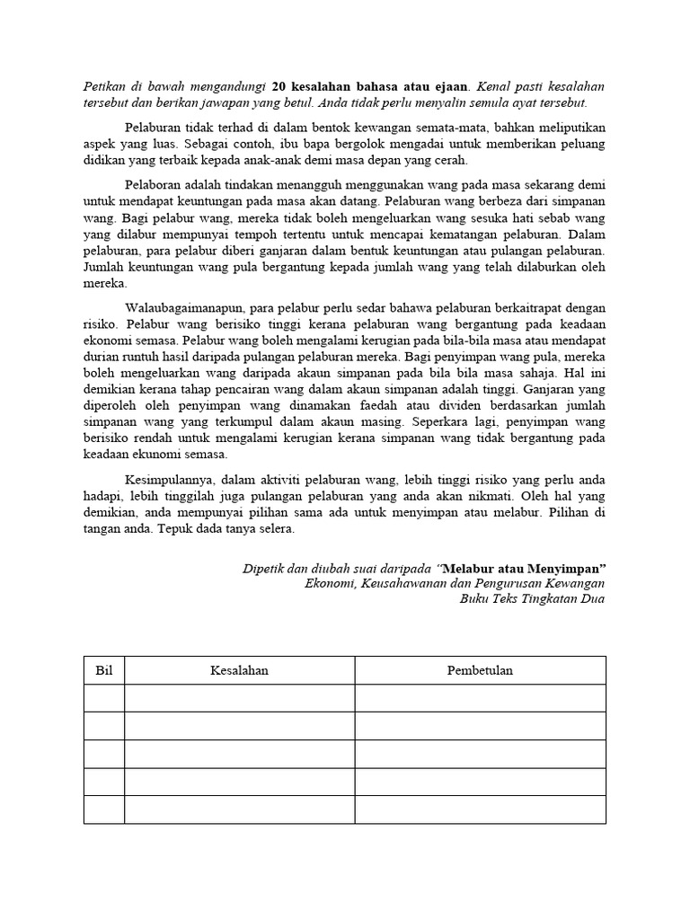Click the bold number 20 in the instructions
coord(279,87)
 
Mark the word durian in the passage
coord(101,356)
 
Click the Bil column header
coord(103,670)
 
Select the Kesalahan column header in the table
coord(239,670)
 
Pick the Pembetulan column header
coord(480,670)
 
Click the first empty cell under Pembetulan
coord(480,698)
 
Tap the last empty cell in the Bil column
coord(103,809)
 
